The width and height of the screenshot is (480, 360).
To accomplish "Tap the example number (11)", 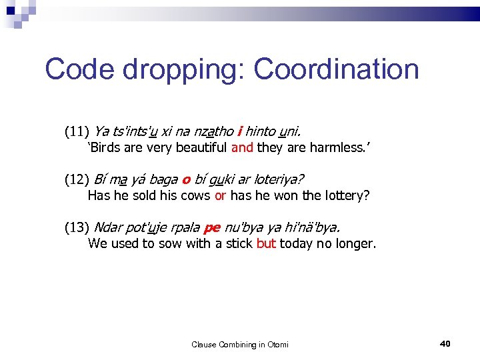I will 77,131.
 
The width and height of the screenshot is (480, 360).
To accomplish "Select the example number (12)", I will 77,179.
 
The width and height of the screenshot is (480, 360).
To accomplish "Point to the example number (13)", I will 77,227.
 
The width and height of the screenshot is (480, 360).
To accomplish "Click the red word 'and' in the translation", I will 242,147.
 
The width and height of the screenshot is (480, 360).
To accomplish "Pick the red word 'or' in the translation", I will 221,195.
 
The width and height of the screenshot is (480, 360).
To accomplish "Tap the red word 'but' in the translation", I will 266,243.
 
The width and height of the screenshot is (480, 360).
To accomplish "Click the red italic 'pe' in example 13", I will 212,228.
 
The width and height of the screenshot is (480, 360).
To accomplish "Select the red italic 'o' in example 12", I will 186,179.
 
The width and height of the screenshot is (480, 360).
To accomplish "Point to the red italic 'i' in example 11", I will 239,131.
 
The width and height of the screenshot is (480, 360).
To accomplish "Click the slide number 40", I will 445,343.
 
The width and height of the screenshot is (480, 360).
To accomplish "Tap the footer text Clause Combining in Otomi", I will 240,344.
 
